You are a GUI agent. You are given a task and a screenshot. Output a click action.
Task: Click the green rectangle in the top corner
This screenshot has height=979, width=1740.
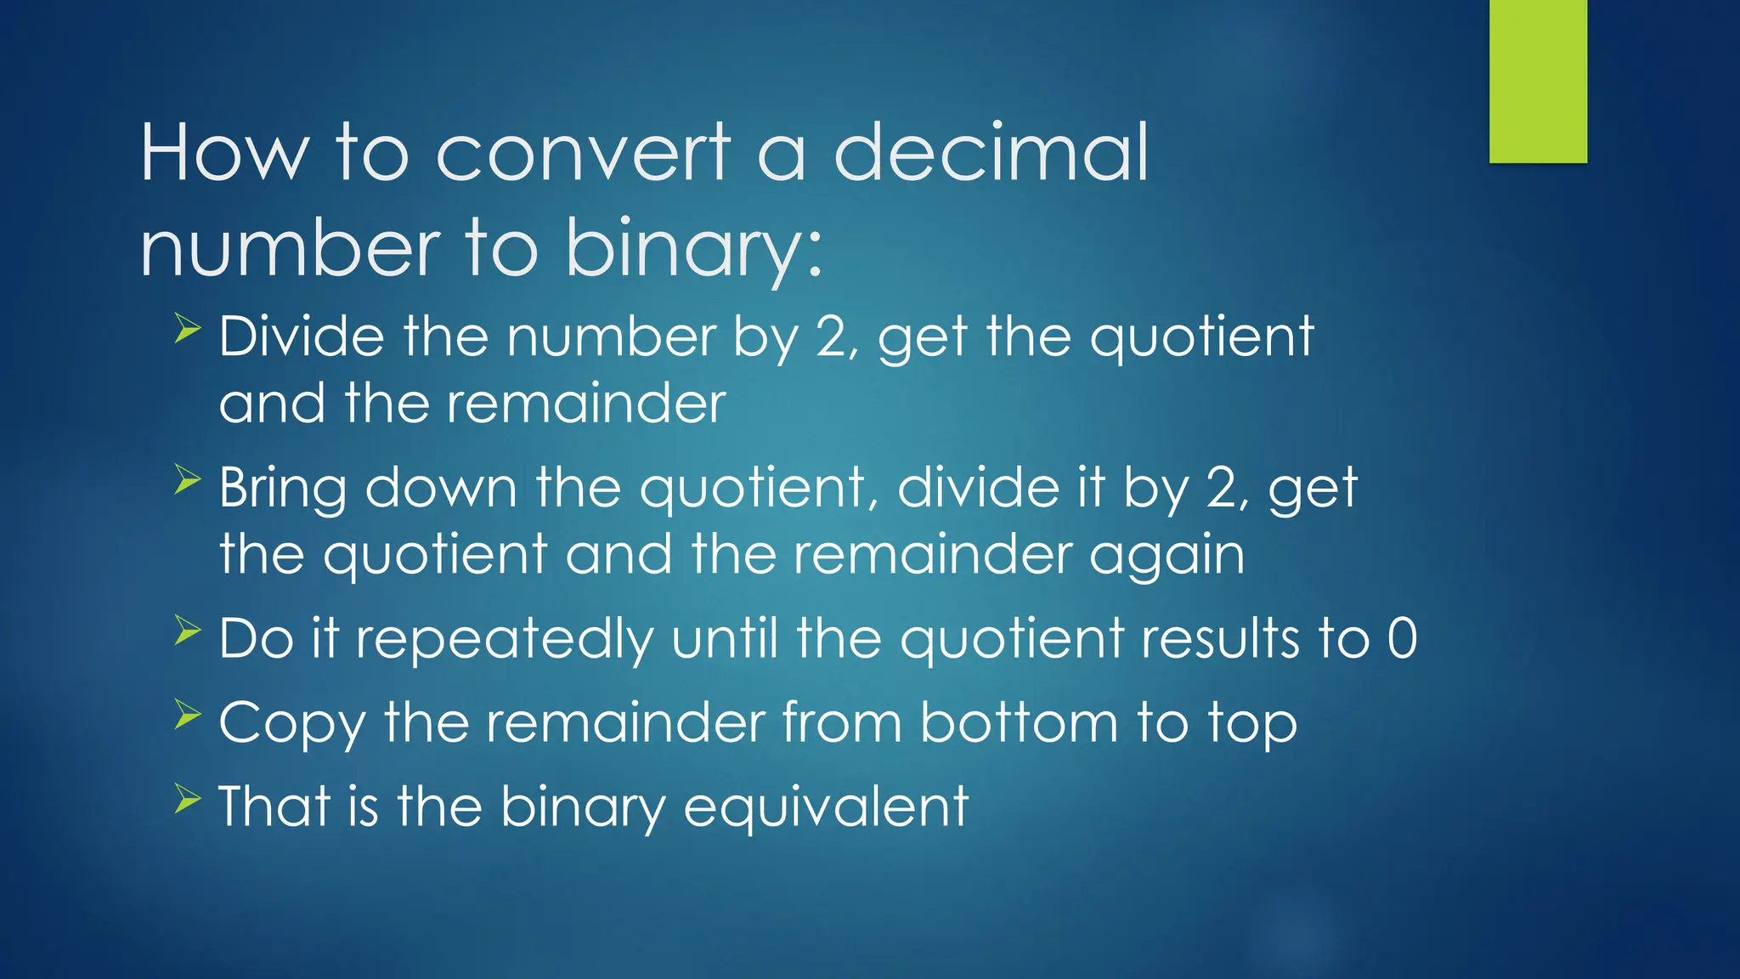[1538, 81]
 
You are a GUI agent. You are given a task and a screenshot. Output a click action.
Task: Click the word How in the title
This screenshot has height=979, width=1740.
[223, 153]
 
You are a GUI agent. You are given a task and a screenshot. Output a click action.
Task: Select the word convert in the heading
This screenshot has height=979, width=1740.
[583, 153]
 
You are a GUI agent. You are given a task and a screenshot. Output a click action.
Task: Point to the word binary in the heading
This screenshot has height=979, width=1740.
[693, 250]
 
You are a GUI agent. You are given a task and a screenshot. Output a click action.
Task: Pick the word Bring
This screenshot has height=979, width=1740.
[283, 489]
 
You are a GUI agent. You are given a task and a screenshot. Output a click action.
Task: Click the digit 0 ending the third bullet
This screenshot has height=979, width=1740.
[1402, 639]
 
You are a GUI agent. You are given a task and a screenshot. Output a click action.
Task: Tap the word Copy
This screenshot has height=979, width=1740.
[292, 724]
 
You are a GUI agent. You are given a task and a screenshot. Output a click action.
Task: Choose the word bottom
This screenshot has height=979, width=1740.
[1019, 723]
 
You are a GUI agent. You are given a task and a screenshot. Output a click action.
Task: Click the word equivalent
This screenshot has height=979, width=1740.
[826, 806]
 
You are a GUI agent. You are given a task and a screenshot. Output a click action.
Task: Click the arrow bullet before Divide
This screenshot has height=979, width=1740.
[187, 328]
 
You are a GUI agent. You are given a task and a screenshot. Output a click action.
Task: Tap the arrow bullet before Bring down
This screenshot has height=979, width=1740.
[187, 479]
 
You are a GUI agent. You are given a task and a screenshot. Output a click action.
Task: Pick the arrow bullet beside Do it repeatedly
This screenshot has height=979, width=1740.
[187, 630]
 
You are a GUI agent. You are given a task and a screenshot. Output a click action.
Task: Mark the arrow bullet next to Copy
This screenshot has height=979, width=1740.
[187, 714]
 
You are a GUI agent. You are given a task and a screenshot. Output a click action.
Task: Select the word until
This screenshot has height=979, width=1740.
[725, 638]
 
